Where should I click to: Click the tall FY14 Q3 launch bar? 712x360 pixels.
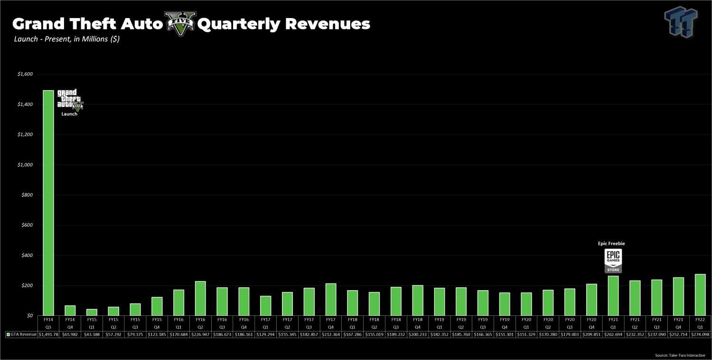[x=48, y=203]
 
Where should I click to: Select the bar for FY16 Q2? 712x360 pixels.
[x=200, y=298]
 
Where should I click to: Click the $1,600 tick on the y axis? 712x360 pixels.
[x=25, y=74]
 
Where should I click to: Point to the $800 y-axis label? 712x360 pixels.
[x=27, y=195]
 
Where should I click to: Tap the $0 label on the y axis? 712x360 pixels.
[x=29, y=315]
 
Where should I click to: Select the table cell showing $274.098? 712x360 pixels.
[x=700, y=334]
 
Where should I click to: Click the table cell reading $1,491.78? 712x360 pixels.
[x=48, y=334]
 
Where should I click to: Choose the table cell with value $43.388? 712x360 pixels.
[x=92, y=334]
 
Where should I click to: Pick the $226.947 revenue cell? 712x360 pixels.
[x=200, y=334]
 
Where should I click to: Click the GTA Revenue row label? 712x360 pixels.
[x=21, y=334]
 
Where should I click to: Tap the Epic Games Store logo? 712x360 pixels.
[x=613, y=261]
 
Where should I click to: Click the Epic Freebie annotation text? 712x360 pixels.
[x=611, y=244]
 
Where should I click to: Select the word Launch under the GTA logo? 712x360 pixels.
[x=69, y=114]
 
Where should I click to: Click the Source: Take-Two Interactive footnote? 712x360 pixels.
[x=679, y=355]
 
